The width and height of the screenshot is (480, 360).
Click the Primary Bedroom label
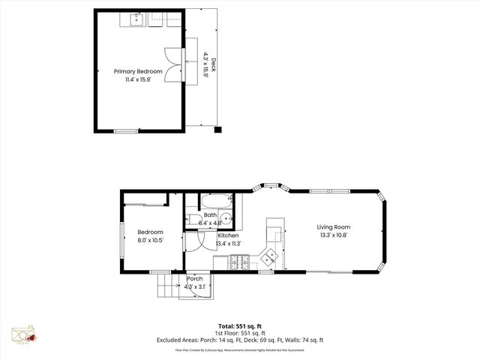(x=138, y=71)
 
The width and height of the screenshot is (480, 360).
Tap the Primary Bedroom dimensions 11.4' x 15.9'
(x=138, y=79)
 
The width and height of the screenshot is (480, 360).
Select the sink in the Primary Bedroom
(x=138, y=19)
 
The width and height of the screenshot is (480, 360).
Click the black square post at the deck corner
(x=218, y=130)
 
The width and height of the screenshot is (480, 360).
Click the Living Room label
(x=333, y=227)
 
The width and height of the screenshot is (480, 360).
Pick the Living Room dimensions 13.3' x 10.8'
(x=333, y=235)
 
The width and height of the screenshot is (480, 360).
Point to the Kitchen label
(x=228, y=235)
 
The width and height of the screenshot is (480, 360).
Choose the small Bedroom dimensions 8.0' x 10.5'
(x=149, y=241)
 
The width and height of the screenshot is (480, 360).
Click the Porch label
(x=195, y=277)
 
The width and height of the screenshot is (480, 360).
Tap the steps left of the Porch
(x=165, y=284)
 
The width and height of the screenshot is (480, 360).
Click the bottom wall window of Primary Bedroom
(x=125, y=131)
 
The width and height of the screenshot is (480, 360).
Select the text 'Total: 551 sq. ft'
(x=239, y=326)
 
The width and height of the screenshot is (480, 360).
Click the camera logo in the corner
(x=23, y=336)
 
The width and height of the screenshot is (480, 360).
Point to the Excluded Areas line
(x=239, y=340)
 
